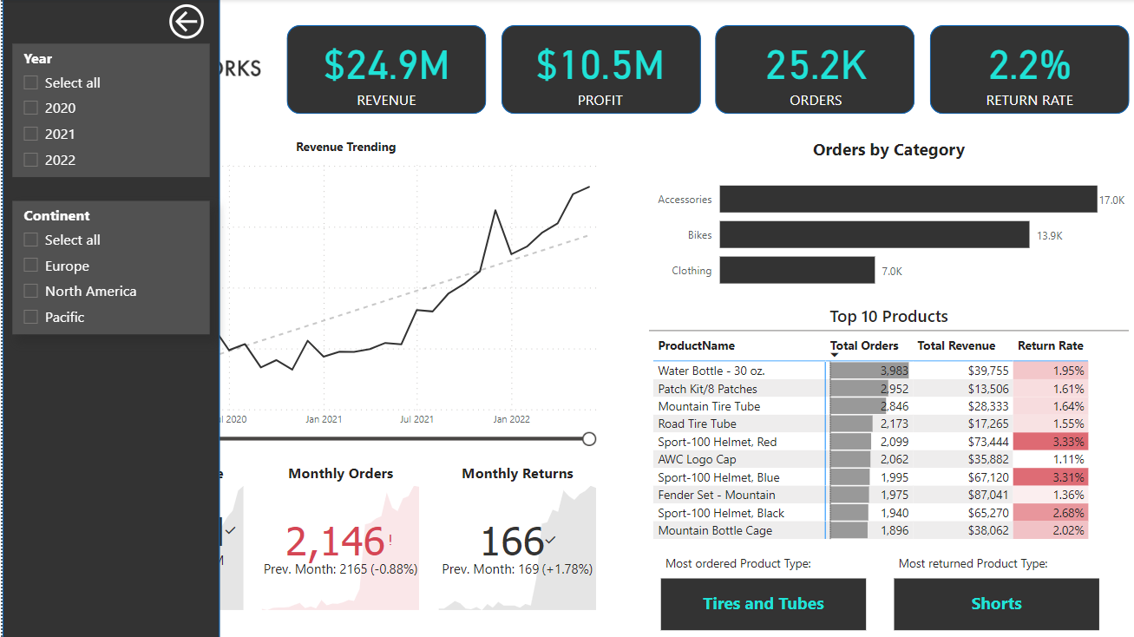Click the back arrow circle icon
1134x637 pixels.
pyautogui.click(x=186, y=22)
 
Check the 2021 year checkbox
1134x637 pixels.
pyautogui.click(x=31, y=134)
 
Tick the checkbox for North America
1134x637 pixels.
pyautogui.click(x=31, y=292)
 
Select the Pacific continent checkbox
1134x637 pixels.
pyautogui.click(x=31, y=318)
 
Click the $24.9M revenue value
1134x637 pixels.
pyautogui.click(x=386, y=66)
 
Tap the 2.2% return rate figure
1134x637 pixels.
pyautogui.click(x=1029, y=66)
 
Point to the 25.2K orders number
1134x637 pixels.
pyautogui.click(x=816, y=66)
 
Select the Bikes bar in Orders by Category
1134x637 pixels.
pyautogui.click(x=874, y=234)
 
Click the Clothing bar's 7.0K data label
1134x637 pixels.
pyautogui.click(x=892, y=272)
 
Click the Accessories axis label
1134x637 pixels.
pyautogui.click(x=685, y=200)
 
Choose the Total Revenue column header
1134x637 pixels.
pyautogui.click(x=956, y=345)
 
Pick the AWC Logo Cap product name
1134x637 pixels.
pyautogui.click(x=697, y=459)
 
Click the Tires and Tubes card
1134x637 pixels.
pyautogui.click(x=763, y=604)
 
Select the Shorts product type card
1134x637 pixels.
pyautogui.click(x=996, y=604)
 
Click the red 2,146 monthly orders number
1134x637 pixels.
pyautogui.click(x=335, y=542)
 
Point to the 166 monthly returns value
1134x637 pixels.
pyautogui.click(x=512, y=542)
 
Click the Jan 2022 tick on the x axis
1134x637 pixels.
pyautogui.click(x=511, y=419)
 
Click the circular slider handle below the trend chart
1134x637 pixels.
pyautogui.click(x=589, y=439)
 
